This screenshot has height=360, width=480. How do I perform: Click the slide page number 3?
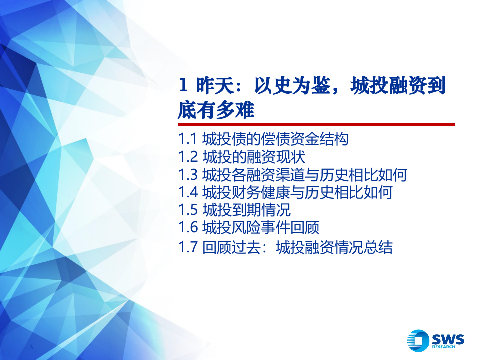point(31,347)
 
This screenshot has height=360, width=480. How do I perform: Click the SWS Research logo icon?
point(418,340)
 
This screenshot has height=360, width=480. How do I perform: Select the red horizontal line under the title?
point(316,124)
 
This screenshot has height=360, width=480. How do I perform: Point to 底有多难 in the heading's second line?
point(216,109)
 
